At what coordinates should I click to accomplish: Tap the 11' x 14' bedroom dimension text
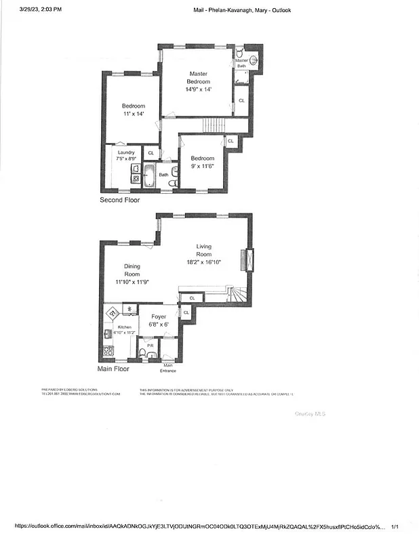(134, 114)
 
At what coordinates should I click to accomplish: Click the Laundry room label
(127, 152)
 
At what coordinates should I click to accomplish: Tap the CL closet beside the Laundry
(151, 154)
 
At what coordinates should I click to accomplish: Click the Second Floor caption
(120, 200)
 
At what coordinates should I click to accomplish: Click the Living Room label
(204, 250)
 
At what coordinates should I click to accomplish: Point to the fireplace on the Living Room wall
(249, 260)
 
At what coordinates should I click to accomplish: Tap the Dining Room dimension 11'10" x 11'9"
(132, 281)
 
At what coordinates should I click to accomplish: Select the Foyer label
(159, 316)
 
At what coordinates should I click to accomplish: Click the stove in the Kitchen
(108, 352)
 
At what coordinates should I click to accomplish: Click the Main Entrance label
(168, 368)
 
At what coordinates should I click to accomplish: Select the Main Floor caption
(113, 369)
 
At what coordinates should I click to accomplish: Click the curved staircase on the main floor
(237, 295)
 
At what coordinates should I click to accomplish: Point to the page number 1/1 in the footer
(395, 526)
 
